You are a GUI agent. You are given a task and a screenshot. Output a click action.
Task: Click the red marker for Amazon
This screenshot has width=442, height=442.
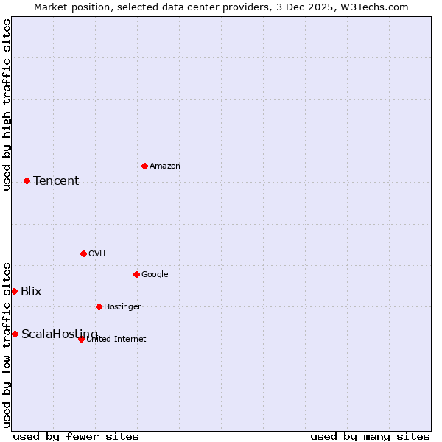(x=144, y=166)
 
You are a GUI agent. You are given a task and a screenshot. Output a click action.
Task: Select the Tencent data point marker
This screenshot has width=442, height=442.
(x=27, y=180)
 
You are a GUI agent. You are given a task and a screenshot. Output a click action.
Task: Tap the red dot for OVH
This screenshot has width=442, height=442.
(x=83, y=253)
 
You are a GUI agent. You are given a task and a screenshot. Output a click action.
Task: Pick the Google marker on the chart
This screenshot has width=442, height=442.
(x=136, y=274)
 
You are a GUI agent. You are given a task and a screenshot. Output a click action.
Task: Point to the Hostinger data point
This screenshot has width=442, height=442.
(x=99, y=306)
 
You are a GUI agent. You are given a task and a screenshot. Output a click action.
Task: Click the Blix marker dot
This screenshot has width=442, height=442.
(x=14, y=291)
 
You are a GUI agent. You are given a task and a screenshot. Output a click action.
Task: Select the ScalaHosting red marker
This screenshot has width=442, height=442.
(x=15, y=334)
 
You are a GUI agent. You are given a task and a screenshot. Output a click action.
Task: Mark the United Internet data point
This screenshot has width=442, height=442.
(x=81, y=339)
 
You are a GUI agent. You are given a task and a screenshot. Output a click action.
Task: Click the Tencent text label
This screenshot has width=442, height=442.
(x=56, y=180)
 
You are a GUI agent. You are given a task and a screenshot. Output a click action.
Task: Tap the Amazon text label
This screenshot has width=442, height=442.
(x=165, y=166)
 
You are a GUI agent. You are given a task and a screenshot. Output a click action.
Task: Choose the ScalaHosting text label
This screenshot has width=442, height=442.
(x=59, y=334)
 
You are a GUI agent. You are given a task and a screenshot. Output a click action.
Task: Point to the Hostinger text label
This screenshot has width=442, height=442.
(x=122, y=306)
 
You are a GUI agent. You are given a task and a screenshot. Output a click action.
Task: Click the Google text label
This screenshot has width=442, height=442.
(x=155, y=274)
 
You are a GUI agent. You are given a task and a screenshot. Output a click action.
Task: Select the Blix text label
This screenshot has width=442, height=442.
(x=31, y=291)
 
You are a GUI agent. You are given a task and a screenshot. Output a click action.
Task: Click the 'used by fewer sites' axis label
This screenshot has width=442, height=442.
(x=76, y=436)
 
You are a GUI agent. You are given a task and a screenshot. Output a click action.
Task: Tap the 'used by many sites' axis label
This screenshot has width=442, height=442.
(x=370, y=436)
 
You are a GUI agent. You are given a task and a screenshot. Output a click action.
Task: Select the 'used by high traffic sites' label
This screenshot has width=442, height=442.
(x=7, y=105)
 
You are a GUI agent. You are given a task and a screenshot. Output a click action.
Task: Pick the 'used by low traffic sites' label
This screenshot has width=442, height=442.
(x=7, y=345)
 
